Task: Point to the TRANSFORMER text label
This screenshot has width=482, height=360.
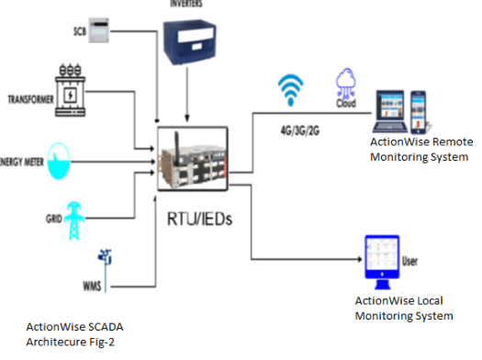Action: [33, 96]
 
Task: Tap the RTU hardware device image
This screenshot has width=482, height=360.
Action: [192, 155]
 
